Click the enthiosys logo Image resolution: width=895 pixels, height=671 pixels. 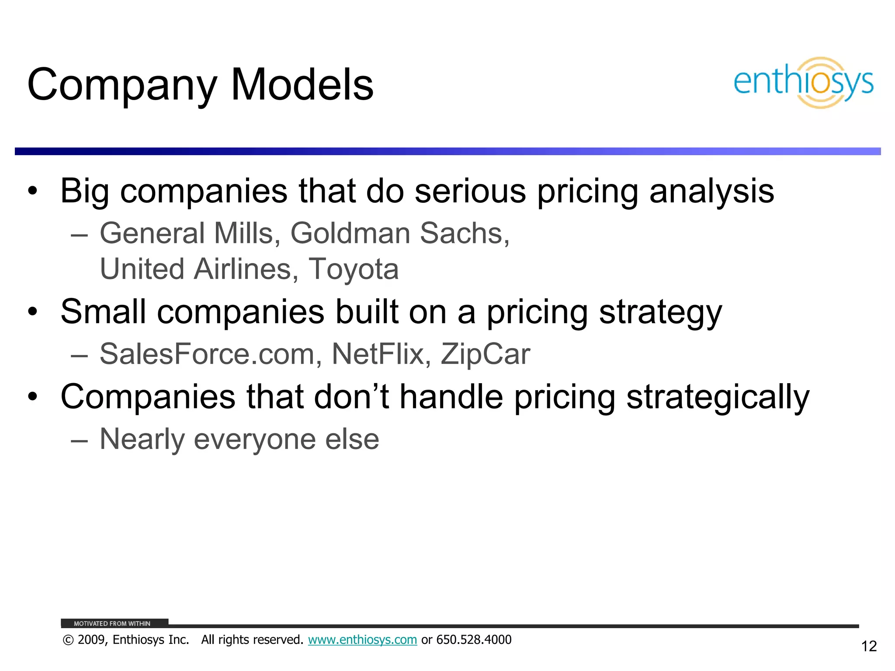(x=803, y=83)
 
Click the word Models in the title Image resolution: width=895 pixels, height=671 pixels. (x=302, y=85)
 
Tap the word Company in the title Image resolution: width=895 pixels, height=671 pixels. (x=122, y=86)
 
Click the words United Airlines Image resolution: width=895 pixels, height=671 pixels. (x=195, y=269)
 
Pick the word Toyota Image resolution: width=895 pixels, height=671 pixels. (x=354, y=269)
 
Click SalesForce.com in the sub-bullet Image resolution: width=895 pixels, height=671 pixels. (x=207, y=354)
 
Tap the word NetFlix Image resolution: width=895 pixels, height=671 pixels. (x=378, y=354)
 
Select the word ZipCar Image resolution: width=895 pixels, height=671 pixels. (x=485, y=354)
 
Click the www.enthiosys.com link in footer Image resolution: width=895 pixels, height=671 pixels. (x=362, y=640)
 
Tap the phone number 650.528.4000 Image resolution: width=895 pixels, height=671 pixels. (x=474, y=640)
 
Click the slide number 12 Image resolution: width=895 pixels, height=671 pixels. (x=869, y=646)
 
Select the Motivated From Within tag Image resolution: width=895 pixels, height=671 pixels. (x=112, y=623)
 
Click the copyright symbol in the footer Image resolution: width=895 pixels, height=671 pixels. (x=68, y=640)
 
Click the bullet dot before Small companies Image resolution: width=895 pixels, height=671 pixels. (x=33, y=312)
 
